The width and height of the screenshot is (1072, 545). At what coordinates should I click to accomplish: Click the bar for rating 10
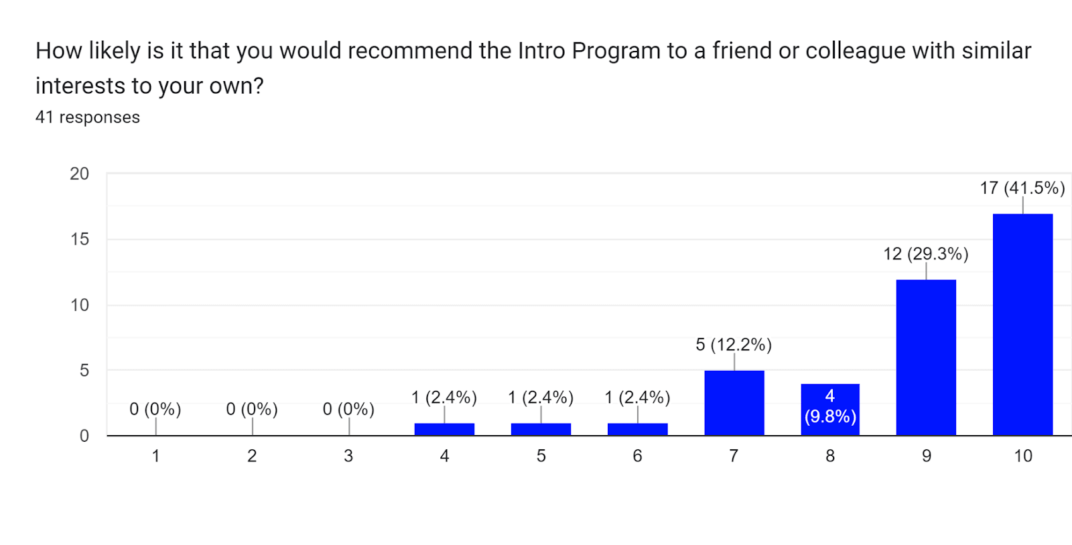pos(1022,325)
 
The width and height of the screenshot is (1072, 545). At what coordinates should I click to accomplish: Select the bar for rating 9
pos(926,358)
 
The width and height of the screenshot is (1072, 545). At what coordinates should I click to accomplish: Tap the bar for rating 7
pos(734,403)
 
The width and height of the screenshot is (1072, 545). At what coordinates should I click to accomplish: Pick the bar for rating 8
pos(830,410)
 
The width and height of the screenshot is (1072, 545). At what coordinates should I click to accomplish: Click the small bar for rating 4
pos(444,429)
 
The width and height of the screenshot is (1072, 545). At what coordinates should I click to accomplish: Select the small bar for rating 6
pos(637,429)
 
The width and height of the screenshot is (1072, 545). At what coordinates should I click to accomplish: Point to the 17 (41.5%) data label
pos(1022,188)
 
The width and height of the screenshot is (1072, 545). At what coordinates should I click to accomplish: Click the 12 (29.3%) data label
pos(926,253)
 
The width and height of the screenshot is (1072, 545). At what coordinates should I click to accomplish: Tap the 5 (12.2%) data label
pos(734,345)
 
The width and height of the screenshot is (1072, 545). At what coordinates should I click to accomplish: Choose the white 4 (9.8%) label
pos(830,406)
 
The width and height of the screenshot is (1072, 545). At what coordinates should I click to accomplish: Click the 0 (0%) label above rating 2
pos(252,409)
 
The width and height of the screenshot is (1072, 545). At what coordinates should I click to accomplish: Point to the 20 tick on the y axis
pos(79,174)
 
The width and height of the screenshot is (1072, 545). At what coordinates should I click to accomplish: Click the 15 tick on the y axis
pos(79,239)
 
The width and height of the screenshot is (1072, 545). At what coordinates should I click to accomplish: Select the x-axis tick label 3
pos(348,456)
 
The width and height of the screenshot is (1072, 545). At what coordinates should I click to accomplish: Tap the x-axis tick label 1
pos(155,456)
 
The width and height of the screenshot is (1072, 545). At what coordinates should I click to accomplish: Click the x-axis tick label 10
pos(1022,456)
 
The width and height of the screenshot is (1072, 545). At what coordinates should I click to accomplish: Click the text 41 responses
pos(88,117)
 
